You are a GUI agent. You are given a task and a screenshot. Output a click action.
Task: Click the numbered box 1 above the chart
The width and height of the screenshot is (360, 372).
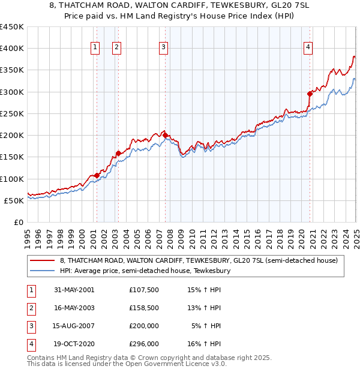pos(95,48)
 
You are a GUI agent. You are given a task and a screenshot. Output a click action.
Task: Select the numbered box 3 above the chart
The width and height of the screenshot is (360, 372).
pos(163,48)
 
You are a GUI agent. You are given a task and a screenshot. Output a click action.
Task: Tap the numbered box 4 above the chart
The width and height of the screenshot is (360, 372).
pos(307,48)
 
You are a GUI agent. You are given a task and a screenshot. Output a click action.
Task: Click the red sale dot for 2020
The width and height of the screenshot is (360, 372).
pos(310,94)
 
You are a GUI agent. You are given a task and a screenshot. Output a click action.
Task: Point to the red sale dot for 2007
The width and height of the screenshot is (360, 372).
pos(165,136)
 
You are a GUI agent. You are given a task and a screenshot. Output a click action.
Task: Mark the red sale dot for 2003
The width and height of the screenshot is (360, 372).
pos(119,153)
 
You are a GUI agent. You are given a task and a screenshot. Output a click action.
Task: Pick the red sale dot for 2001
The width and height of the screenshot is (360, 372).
pos(97,175)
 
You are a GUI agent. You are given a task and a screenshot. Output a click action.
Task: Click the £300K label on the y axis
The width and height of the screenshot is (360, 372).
pos(12,92)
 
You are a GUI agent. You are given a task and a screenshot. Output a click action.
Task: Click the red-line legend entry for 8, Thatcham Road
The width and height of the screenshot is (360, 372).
pos(199,260)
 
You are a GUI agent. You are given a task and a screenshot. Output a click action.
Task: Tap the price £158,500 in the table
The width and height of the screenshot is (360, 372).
pos(144,308)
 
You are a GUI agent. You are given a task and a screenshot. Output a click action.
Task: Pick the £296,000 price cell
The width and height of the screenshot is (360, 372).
pos(144,344)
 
